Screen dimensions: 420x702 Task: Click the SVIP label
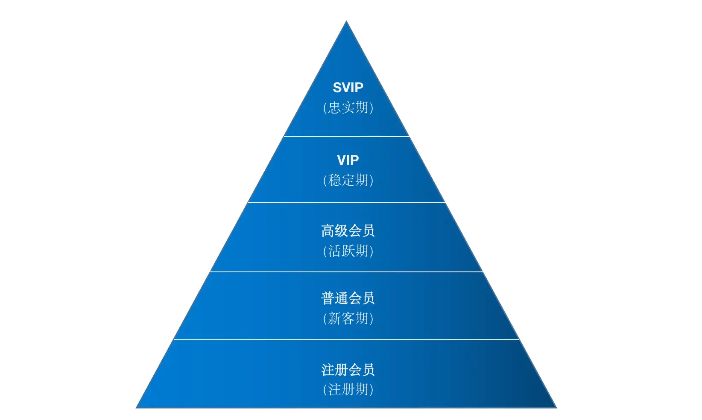click(x=348, y=87)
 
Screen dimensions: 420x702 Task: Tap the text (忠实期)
click(x=348, y=108)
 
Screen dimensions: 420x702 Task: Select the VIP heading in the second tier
click(x=348, y=160)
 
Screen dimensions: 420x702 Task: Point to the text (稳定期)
click(x=348, y=180)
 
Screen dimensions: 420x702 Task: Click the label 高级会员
click(x=348, y=231)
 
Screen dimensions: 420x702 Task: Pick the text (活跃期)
click(x=348, y=251)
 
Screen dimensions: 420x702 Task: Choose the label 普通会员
click(x=348, y=298)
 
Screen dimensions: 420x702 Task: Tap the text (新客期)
click(x=348, y=318)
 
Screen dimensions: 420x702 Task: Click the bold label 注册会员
click(x=348, y=370)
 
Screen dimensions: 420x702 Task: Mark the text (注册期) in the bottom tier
click(x=348, y=389)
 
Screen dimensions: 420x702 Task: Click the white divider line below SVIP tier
click(x=346, y=137)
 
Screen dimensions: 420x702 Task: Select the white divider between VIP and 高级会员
click(x=346, y=203)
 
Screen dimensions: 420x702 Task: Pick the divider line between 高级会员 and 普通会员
click(x=346, y=272)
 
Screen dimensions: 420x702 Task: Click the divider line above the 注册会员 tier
click(x=346, y=340)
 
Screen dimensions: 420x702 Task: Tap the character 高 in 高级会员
click(x=328, y=231)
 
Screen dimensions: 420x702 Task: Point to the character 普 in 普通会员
click(x=328, y=298)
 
